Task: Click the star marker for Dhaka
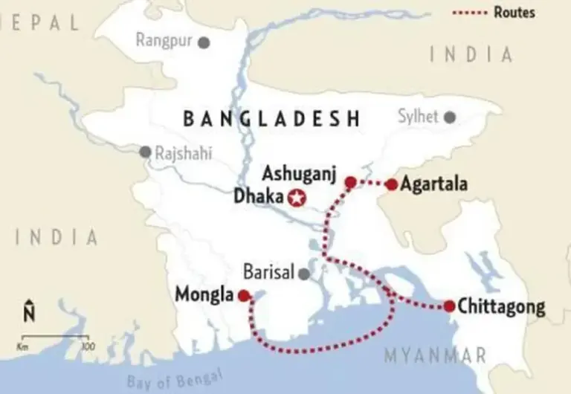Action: pyautogui.click(x=297, y=198)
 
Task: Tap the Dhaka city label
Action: pyautogui.click(x=258, y=198)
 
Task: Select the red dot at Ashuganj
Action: pyautogui.click(x=350, y=181)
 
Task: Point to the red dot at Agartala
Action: pyautogui.click(x=391, y=184)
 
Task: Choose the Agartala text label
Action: pyautogui.click(x=433, y=184)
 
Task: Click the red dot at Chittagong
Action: pyautogui.click(x=449, y=306)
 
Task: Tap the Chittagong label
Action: pyautogui.click(x=502, y=306)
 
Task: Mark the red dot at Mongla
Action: pyautogui.click(x=243, y=295)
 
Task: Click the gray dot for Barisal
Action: pyautogui.click(x=303, y=274)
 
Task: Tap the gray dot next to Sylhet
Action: pyautogui.click(x=449, y=117)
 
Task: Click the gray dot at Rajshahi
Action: pyautogui.click(x=144, y=152)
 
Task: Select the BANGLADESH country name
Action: pyautogui.click(x=271, y=119)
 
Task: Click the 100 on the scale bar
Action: pyautogui.click(x=87, y=346)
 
